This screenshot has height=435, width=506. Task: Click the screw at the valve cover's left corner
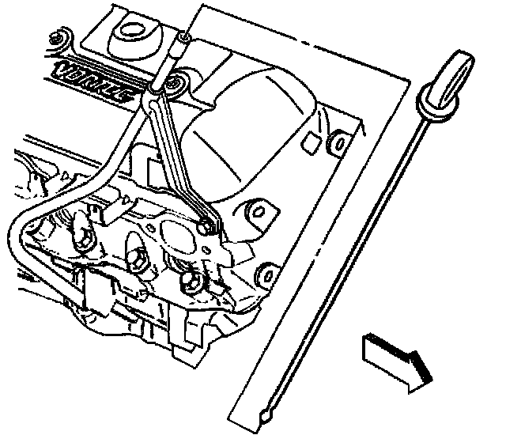coord(57,37)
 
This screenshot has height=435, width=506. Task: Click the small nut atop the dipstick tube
coord(184,36)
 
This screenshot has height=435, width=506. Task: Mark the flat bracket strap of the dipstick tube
coord(179,158)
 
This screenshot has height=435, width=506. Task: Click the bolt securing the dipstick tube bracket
coord(206,226)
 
